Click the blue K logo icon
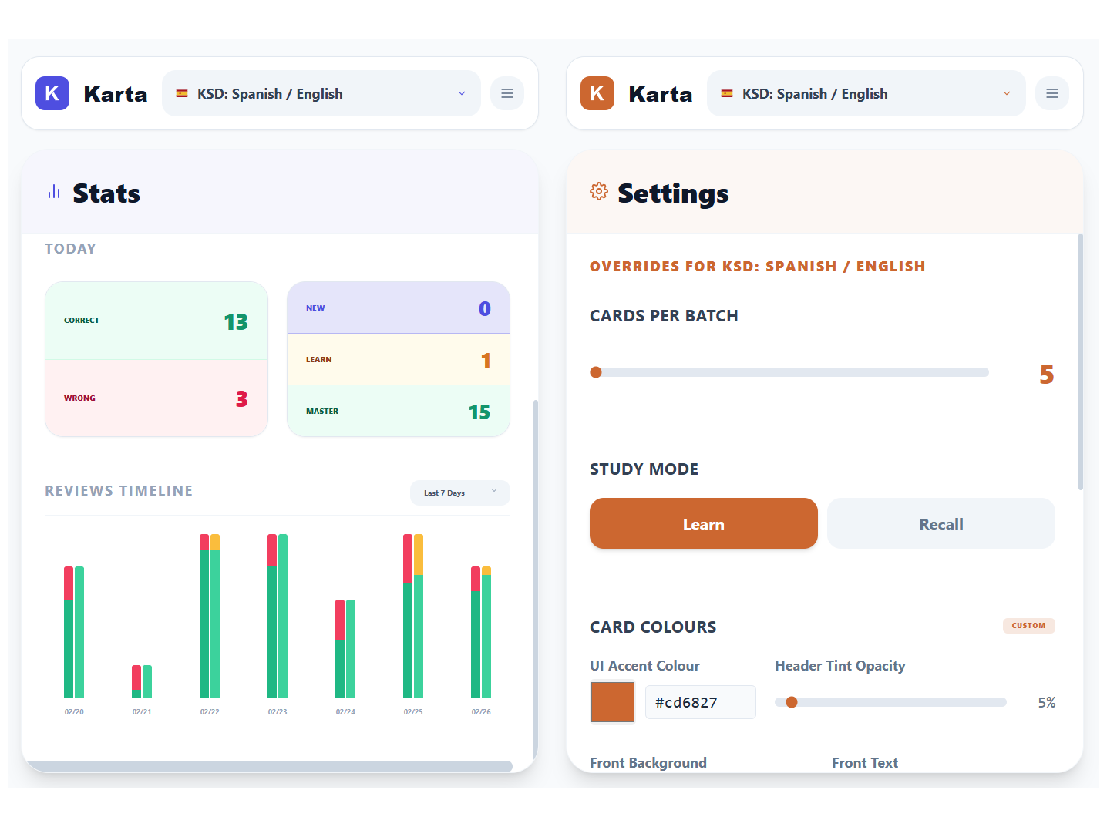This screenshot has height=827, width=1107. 52,93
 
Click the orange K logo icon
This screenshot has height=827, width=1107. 597,93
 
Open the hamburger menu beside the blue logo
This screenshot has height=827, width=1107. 507,93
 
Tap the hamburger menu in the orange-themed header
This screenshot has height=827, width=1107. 1052,93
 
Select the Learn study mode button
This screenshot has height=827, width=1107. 703,523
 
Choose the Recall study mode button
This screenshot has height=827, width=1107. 940,523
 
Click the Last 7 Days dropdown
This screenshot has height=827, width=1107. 459,493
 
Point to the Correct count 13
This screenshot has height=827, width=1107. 236,321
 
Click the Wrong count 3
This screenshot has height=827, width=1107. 241,398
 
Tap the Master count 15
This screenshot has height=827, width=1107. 479,412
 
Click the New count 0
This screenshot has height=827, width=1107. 484,309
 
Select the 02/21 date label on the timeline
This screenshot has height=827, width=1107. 142,712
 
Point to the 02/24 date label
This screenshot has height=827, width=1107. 345,712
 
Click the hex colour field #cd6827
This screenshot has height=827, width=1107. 700,702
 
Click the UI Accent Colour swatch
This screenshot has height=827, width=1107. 613,702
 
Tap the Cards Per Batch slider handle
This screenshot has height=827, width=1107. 596,372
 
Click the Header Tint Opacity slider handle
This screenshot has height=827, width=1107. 792,702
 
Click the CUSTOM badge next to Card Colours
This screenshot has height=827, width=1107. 1028,626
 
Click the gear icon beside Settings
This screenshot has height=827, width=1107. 599,191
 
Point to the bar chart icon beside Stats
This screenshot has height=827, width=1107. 54,192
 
